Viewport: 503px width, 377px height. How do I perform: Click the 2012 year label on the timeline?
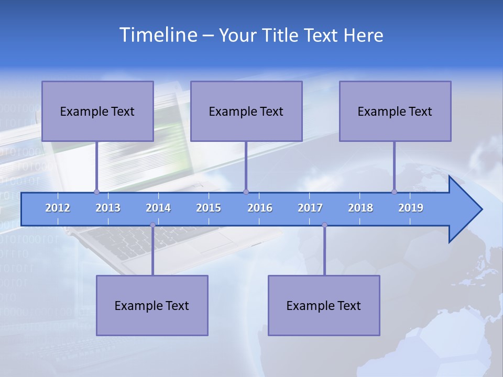coord(58,208)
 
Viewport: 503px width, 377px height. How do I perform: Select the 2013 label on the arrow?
coord(108,208)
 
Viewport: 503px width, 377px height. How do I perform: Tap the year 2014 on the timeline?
coord(158,208)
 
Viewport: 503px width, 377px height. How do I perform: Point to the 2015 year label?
coord(209,208)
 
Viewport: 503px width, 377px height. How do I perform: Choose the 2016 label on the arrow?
coord(260,208)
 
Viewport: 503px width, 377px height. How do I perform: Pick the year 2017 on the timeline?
coord(310,208)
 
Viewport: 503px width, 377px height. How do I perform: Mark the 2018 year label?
coord(360,208)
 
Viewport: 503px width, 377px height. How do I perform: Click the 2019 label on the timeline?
coord(411,208)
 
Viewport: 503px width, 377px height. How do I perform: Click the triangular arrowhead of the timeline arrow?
coord(464,209)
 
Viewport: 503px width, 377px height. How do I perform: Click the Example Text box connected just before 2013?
coord(97,111)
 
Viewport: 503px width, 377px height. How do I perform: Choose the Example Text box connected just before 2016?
coord(246,111)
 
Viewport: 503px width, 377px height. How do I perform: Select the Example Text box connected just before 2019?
coord(395,111)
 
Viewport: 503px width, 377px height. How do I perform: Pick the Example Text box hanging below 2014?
coord(152,305)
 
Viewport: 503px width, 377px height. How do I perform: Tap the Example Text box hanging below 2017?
coord(324,305)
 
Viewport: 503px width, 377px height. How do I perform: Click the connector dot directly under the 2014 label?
coord(152,225)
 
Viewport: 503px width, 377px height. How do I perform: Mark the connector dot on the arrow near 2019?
coord(394,192)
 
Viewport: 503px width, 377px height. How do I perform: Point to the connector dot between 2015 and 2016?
coord(246,192)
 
